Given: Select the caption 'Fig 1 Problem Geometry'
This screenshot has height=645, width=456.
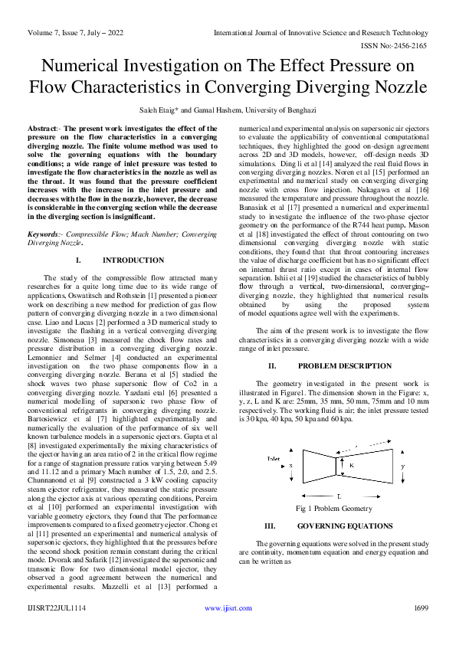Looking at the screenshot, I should [x=333, y=509].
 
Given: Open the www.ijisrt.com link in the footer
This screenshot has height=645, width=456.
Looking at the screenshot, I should [x=228, y=608].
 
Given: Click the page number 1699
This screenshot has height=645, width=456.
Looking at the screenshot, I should [x=421, y=608].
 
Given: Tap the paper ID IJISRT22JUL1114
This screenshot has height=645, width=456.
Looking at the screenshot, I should [x=57, y=608].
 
